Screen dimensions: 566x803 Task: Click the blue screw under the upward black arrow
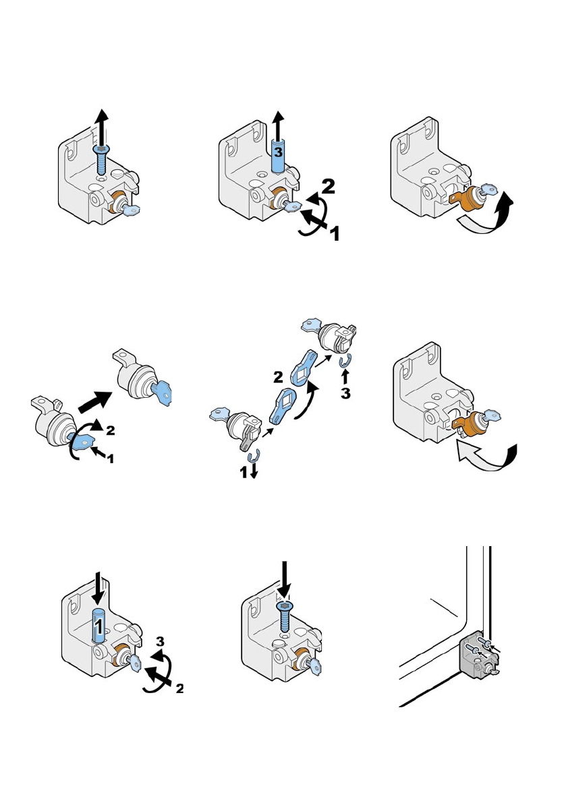(101, 160)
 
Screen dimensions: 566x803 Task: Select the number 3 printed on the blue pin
(278, 152)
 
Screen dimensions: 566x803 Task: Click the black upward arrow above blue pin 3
(278, 125)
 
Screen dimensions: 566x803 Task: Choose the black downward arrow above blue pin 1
(99, 593)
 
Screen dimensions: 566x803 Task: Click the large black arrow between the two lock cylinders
(95, 401)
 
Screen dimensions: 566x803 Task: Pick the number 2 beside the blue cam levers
(278, 378)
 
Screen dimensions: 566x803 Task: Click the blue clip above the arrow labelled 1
(254, 456)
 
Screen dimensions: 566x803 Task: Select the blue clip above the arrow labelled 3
(345, 361)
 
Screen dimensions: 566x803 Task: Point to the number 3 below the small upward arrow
(346, 393)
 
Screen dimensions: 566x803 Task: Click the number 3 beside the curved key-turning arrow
(161, 642)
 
